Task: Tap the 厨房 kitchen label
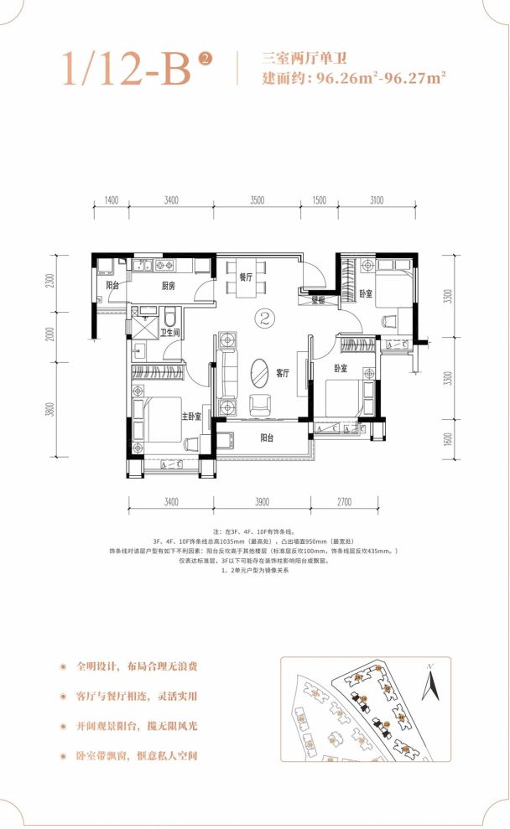click(x=168, y=286)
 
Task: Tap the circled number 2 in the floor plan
click(x=265, y=319)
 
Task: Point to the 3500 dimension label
click(x=257, y=200)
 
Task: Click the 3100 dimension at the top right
click(x=375, y=200)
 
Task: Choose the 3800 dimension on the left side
click(x=51, y=410)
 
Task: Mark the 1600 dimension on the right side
click(x=449, y=438)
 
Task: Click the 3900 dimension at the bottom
click(x=261, y=503)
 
